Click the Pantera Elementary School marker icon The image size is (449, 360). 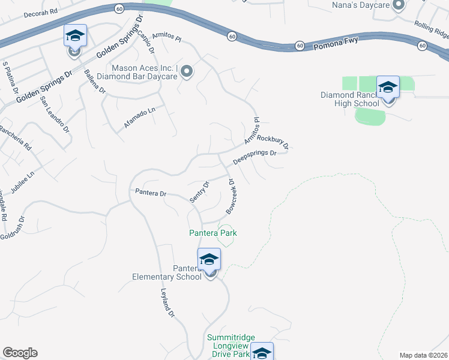[209, 260]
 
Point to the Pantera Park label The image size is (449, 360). [213, 233]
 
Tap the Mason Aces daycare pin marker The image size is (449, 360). [187, 72]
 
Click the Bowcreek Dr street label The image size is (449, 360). [232, 196]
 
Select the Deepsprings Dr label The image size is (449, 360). [255, 157]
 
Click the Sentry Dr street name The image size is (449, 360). [199, 191]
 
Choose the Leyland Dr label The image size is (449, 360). [167, 304]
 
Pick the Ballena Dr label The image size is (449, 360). [95, 83]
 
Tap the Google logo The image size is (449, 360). [20, 353]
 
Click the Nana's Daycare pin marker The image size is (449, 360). [398, 6]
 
